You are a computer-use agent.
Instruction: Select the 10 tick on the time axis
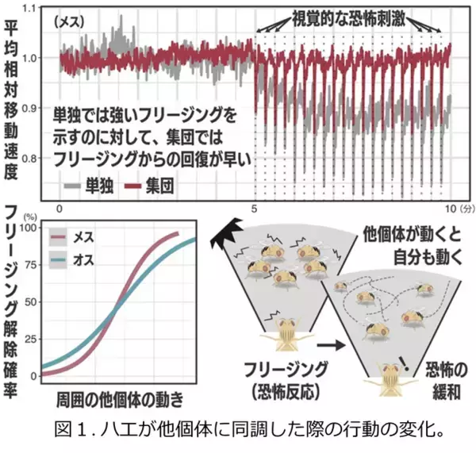[447, 208]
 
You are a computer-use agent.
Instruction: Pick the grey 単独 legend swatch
[74, 188]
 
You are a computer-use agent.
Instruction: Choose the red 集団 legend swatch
[135, 188]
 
